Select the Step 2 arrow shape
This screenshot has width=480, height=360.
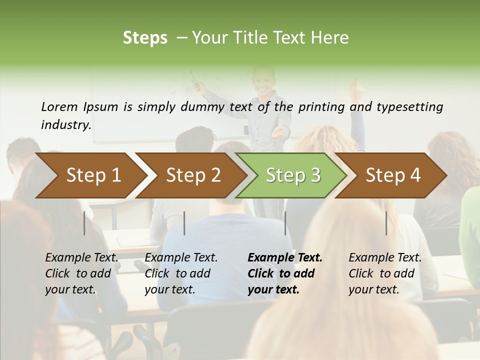192,175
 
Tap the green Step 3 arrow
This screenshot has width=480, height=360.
292,175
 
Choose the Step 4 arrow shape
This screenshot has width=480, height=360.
392,175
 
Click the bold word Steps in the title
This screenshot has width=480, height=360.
145,37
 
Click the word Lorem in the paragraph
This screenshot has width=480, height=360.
59,106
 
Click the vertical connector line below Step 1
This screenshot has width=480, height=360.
84,223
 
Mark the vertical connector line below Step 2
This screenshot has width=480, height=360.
184,223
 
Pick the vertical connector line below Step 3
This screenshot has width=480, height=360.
285,223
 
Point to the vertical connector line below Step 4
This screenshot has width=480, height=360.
386,223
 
